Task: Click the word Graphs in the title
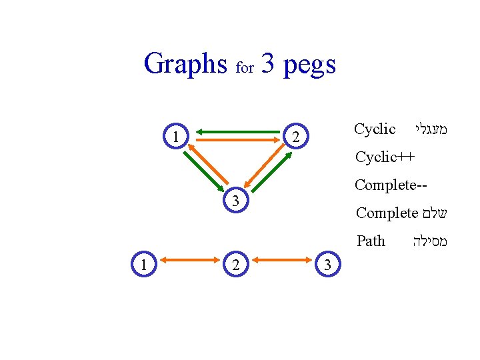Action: pyautogui.click(x=185, y=65)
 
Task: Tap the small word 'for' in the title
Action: pyautogui.click(x=245, y=68)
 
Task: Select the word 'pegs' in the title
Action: pyautogui.click(x=309, y=65)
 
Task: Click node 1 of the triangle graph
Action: pyautogui.click(x=175, y=137)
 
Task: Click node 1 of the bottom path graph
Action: pyautogui.click(x=143, y=263)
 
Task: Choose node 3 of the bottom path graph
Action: pyautogui.click(x=327, y=265)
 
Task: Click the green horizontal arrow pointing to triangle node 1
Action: pyautogui.click(x=237, y=130)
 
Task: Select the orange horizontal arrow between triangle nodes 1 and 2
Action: pyautogui.click(x=237, y=141)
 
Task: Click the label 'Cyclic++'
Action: pyautogui.click(x=385, y=157)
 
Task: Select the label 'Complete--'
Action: pyautogui.click(x=390, y=185)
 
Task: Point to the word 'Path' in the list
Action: pyautogui.click(x=371, y=241)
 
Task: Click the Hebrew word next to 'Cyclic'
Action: pyautogui.click(x=429, y=129)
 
